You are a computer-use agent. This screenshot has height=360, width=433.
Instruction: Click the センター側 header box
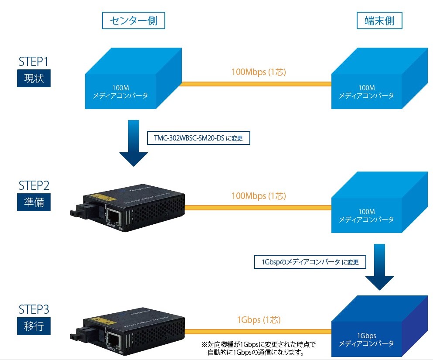point(133,21)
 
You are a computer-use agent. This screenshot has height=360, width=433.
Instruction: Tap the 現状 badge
point(34,79)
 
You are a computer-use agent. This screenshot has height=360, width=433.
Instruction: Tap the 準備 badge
point(34,202)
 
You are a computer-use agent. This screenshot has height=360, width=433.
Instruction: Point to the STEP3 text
point(34,309)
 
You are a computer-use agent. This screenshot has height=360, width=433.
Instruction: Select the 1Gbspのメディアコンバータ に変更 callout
point(310,262)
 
